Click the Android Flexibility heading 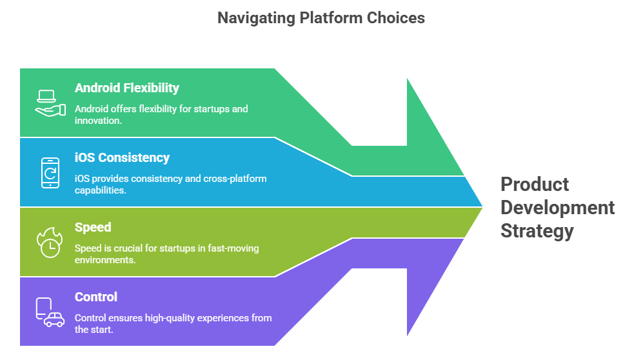127,88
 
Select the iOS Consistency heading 122,158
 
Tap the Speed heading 93,228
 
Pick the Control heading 96,297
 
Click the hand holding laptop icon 50,103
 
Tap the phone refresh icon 50,173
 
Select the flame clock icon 49,243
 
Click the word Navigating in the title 255,18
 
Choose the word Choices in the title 396,18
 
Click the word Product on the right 535,185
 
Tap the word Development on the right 558,208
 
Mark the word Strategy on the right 537,231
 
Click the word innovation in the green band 97,121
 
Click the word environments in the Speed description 104,260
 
